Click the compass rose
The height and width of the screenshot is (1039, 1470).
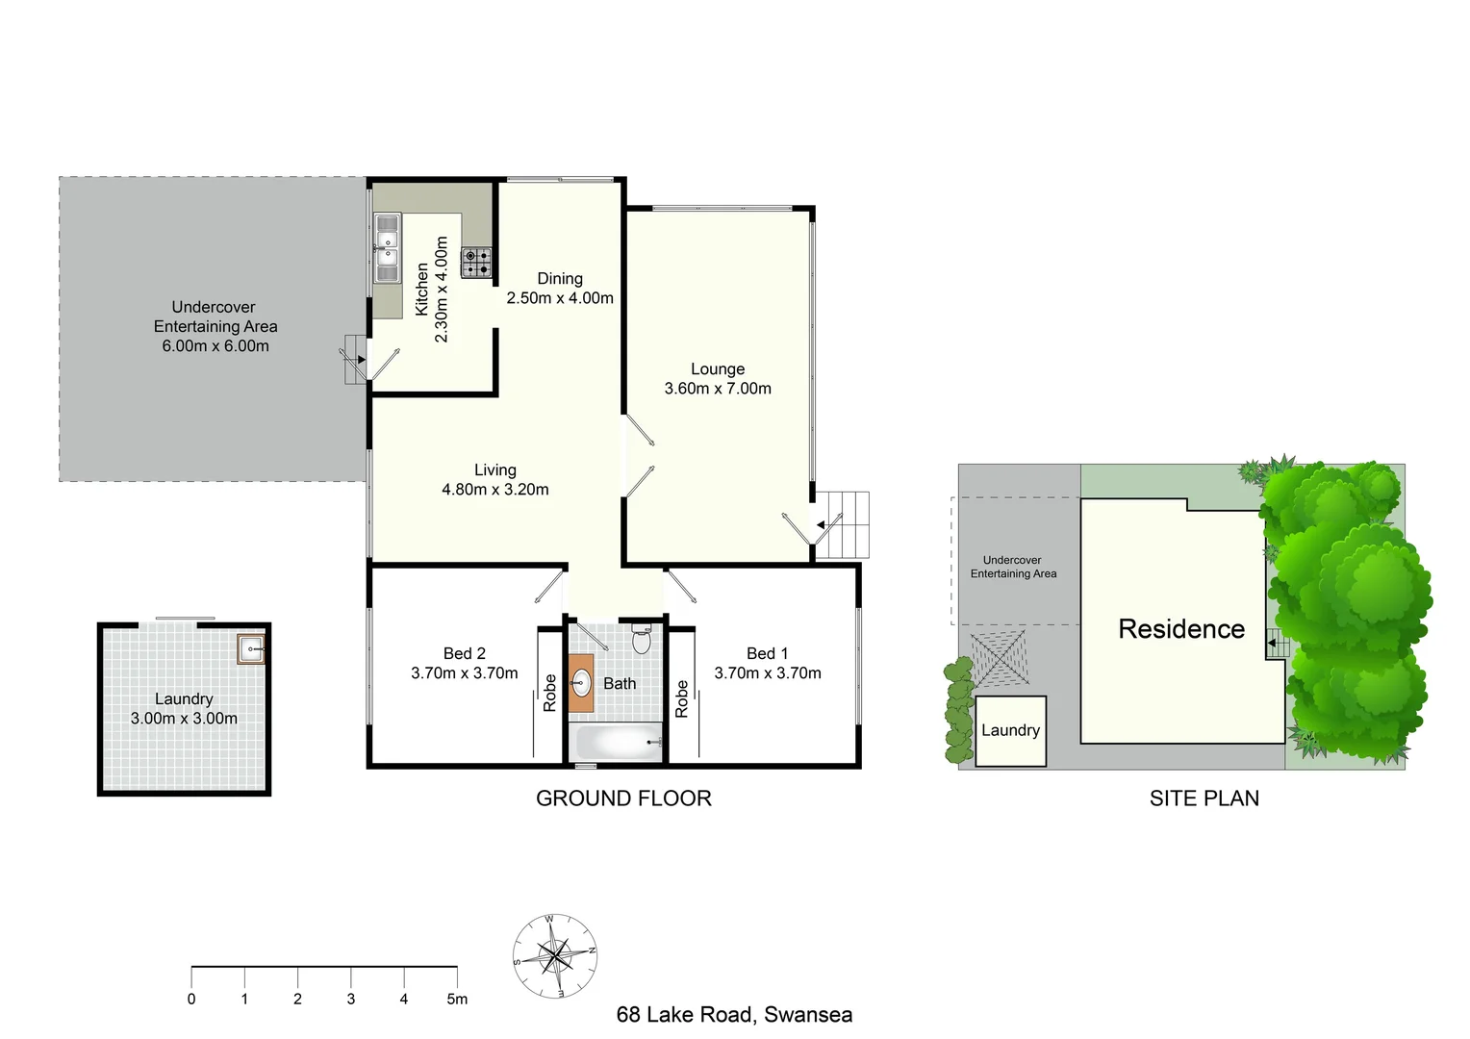554,956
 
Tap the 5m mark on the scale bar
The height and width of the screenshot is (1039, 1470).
457,999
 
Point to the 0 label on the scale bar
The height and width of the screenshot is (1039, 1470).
191,999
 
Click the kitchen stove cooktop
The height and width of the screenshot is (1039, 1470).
475,262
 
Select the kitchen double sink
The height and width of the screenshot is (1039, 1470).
387,248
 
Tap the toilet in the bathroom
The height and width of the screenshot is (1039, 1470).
642,639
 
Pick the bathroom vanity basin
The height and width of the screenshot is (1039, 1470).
581,684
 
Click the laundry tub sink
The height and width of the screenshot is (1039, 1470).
251,649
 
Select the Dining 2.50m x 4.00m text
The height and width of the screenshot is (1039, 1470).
560,289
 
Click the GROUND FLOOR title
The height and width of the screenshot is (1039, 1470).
623,798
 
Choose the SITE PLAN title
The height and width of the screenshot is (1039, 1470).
1204,798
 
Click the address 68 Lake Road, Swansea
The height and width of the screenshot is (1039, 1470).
734,1015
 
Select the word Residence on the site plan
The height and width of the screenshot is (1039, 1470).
1181,629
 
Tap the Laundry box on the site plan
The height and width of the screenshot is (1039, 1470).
1010,731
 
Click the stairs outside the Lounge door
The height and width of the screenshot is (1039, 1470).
843,524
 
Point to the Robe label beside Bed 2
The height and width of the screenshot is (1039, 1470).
549,693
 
